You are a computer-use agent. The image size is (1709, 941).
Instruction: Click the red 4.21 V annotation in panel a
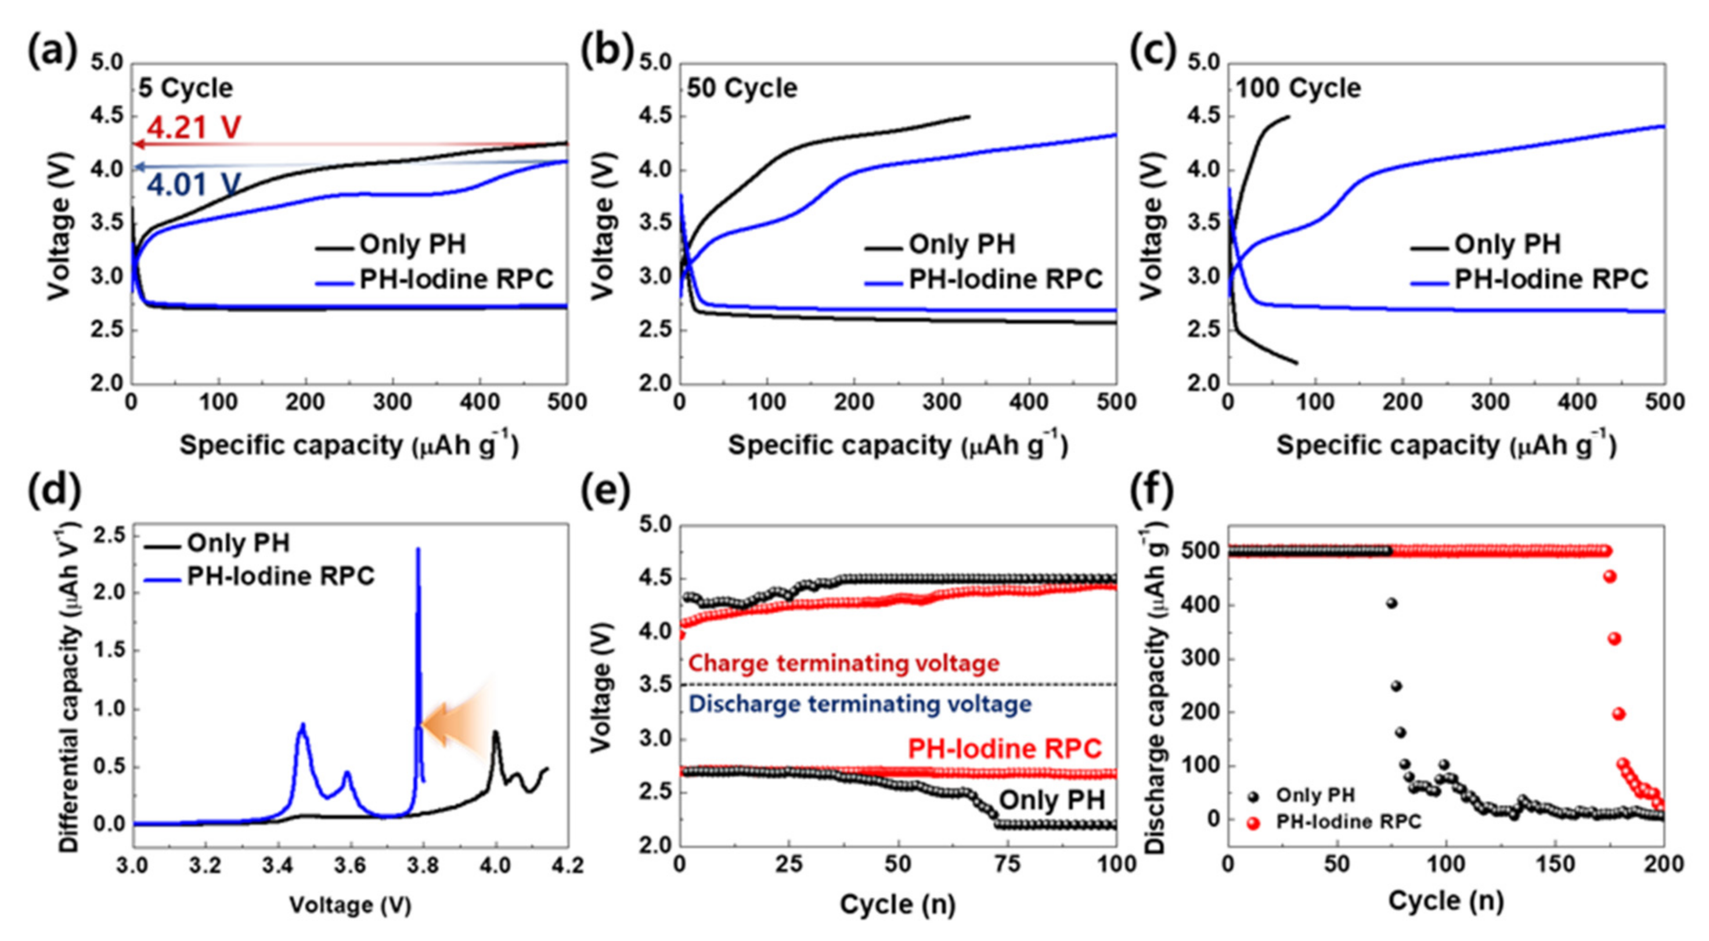tap(193, 126)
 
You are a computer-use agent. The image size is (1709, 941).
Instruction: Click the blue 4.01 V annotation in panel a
tap(193, 184)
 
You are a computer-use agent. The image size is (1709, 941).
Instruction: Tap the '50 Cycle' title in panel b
tap(742, 88)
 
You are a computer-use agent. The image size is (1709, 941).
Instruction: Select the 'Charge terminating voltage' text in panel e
tap(844, 663)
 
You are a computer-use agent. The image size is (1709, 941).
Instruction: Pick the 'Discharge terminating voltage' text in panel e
tap(860, 704)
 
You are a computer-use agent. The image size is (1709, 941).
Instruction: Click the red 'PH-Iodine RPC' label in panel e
tap(1004, 749)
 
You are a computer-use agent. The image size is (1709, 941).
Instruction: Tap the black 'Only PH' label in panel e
tap(1052, 800)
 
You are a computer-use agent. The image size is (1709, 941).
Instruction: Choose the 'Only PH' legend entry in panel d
tap(237, 544)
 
